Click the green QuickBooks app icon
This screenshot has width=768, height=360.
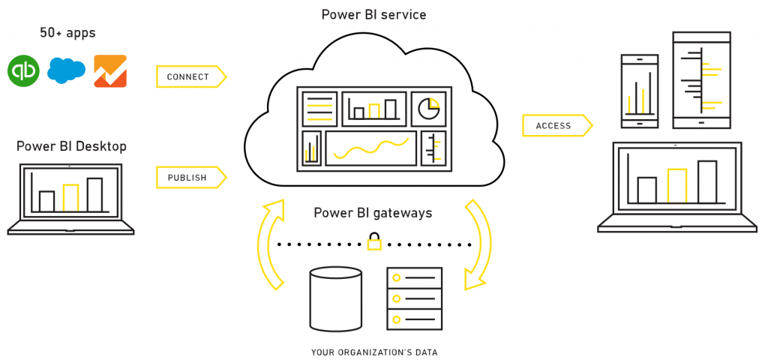(23, 70)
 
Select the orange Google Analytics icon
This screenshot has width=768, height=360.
(109, 70)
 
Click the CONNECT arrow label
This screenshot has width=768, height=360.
(189, 76)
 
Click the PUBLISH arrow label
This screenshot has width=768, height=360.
(189, 177)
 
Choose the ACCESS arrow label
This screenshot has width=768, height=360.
(555, 126)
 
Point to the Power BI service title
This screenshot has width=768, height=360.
(373, 14)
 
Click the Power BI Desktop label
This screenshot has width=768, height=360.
(71, 145)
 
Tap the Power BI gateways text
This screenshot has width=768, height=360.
(373, 213)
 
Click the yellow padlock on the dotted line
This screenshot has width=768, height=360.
(374, 242)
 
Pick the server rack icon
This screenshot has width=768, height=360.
(414, 298)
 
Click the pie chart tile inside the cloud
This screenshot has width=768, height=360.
(428, 109)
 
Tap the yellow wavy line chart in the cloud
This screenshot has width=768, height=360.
(370, 148)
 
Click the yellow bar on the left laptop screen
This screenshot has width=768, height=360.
(70, 197)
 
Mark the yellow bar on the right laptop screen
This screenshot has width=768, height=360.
(676, 186)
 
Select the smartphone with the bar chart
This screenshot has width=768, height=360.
(640, 90)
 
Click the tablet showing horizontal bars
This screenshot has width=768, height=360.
(701, 79)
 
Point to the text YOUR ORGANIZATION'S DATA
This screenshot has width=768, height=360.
(374, 352)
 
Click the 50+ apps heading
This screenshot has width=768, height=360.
(67, 33)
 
